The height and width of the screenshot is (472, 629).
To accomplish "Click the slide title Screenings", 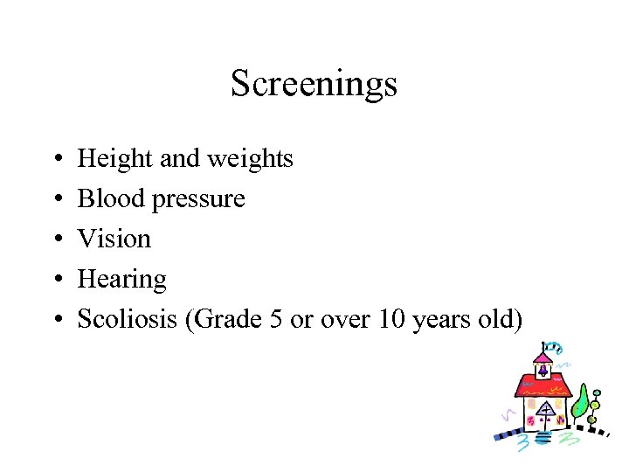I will point(314,84).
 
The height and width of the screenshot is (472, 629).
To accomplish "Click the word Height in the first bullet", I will point(104,159).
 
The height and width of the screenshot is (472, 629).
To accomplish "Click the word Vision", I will point(114,239).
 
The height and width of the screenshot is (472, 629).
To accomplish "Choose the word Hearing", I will point(121,280).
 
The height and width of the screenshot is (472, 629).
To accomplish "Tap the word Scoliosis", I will point(128,320).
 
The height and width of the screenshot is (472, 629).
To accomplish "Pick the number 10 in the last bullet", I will point(391,320).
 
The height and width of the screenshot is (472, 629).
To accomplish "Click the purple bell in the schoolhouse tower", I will point(543,370).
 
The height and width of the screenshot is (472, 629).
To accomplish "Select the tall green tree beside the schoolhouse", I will point(579,401).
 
